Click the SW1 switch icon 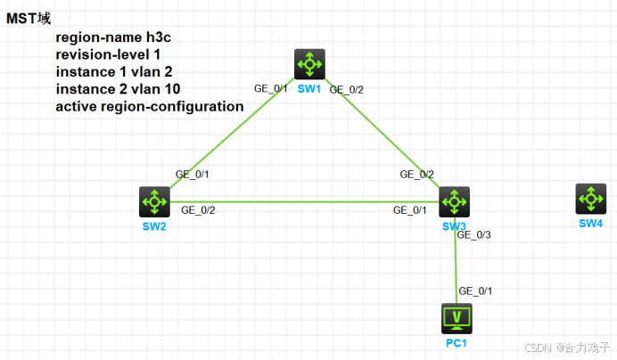tap(309, 63)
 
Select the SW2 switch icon tap(154, 201)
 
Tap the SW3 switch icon tap(455, 201)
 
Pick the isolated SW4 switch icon tap(589, 199)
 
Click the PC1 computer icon tap(457, 317)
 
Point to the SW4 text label tap(590, 223)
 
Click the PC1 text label tap(457, 342)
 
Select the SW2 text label tap(153, 226)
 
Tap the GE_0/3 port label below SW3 tap(473, 235)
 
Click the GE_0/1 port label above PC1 tap(475, 291)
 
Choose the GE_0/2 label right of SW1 tap(347, 88)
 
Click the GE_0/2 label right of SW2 tap(198, 210)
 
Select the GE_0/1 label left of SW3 tap(411, 210)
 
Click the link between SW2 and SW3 tap(303, 201)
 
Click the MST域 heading tap(29, 18)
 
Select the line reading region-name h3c tap(114, 38)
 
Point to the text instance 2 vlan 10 tap(118, 89)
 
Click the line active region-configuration tap(150, 106)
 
